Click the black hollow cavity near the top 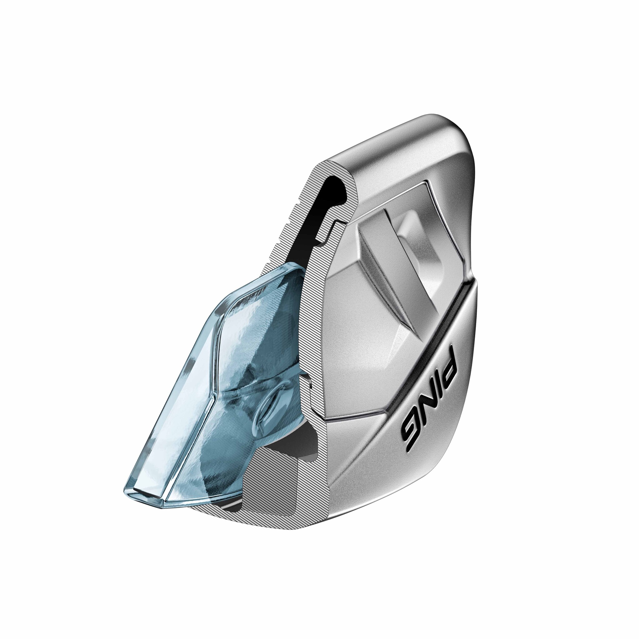point(334,195)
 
